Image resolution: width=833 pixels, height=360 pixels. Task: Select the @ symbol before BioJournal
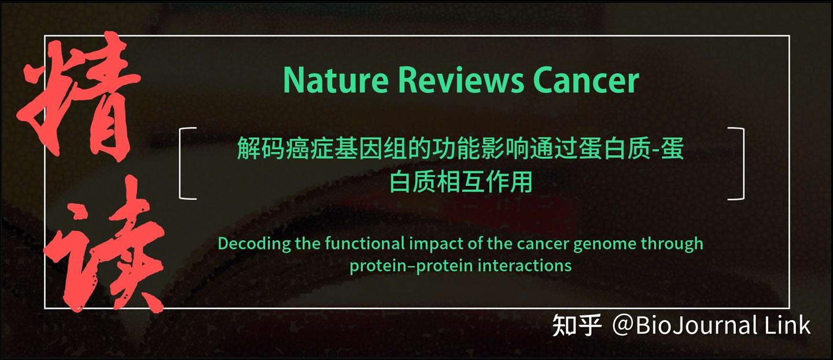tap(623, 325)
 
